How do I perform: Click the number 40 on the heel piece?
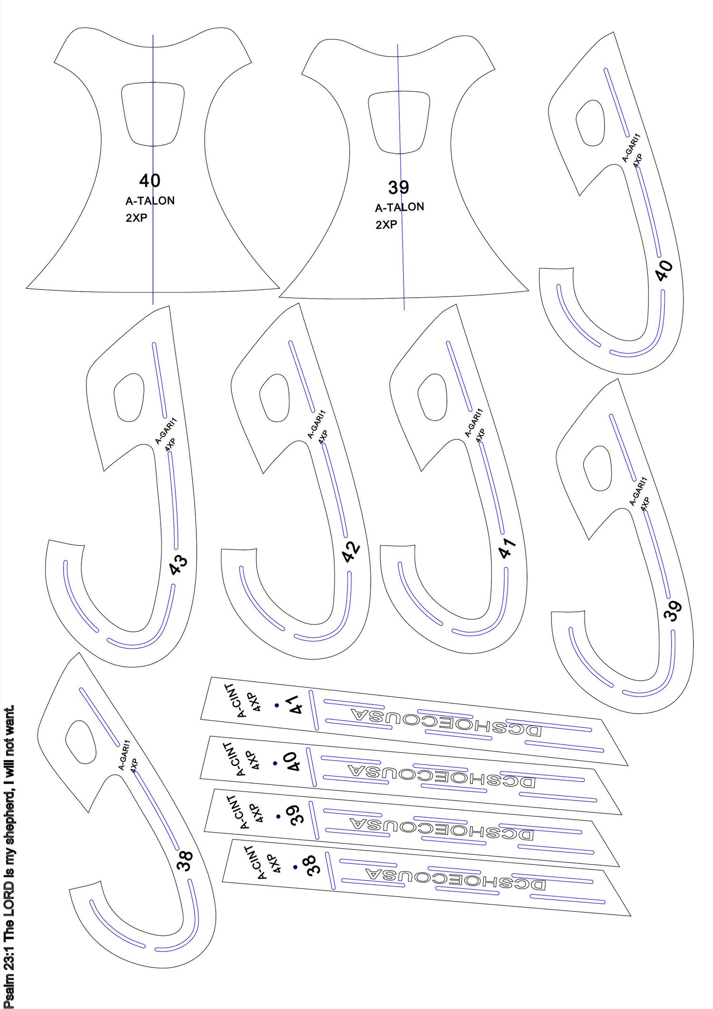point(150,181)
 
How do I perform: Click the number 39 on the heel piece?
point(398,187)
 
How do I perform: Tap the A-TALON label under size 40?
point(150,201)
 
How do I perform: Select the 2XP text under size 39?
point(386,225)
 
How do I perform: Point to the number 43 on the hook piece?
point(179,565)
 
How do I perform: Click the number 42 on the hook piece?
point(351,552)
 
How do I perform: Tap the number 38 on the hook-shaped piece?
point(185,860)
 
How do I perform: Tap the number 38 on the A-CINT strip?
point(311,865)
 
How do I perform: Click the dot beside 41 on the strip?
point(277,705)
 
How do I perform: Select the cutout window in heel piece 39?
point(399,122)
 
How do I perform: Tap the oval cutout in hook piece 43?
point(129,397)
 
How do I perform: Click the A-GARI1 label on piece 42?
point(317,424)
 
